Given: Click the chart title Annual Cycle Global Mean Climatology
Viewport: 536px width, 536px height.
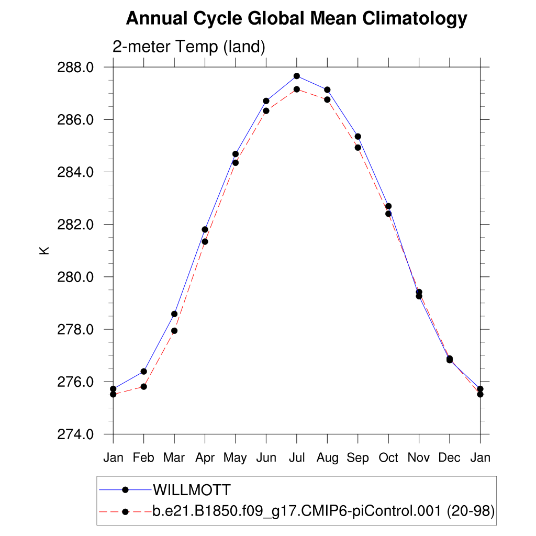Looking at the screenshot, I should tap(296, 19).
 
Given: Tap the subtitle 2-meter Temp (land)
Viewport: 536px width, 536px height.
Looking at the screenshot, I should tap(189, 47).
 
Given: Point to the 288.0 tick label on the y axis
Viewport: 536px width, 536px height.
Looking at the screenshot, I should tap(79, 68).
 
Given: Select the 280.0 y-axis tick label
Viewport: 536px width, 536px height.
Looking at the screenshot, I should tap(79, 277).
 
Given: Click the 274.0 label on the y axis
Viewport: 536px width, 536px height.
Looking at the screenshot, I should tap(79, 434).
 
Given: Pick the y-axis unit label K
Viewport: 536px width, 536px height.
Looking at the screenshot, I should tap(44, 250).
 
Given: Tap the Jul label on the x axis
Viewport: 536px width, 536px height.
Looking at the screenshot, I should tap(297, 458).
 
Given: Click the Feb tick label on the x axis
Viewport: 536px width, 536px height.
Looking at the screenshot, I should tap(143, 458).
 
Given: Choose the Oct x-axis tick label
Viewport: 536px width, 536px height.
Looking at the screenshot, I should tap(388, 458).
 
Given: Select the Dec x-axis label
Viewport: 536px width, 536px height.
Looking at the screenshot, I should tap(450, 458).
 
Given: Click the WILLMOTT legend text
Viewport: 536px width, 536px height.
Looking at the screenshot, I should tap(191, 490).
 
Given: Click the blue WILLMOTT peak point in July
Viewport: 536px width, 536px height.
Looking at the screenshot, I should tap(297, 76).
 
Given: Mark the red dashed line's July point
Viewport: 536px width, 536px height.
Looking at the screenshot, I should tap(297, 90).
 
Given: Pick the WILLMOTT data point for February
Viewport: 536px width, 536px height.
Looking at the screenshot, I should tap(143, 371).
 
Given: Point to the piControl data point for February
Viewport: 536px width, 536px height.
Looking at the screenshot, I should tap(143, 386).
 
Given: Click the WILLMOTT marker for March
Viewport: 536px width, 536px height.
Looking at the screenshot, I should tap(174, 314).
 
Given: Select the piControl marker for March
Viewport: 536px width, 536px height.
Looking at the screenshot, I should tap(174, 331).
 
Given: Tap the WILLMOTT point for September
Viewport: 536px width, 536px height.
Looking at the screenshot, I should tap(358, 136).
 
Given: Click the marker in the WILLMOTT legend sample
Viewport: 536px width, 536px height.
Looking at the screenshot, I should tap(125, 490).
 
